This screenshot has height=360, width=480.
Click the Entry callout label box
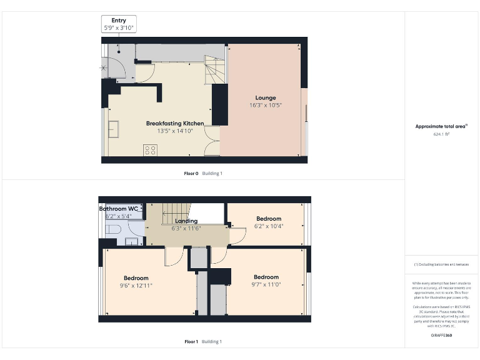pos(119,24)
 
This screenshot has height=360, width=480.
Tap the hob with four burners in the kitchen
pos(150,149)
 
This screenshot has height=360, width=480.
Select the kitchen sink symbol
pos(114,128)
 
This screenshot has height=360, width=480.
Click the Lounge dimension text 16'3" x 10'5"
pos(265,105)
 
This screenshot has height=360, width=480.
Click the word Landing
pos(186,221)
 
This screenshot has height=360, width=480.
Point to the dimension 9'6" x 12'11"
pos(136,285)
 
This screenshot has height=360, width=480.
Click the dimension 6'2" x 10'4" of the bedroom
pos(268,226)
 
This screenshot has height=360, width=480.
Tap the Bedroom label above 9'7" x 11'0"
pos(266,277)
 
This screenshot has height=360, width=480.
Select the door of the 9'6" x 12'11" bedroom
pos(172,256)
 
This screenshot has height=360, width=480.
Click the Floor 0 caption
pos(191,173)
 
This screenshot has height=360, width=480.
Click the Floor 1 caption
pos(191,341)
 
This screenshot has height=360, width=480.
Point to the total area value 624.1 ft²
pos(441,133)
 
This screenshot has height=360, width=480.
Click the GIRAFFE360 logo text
pos(441,336)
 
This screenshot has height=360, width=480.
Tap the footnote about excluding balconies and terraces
pos(441,264)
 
